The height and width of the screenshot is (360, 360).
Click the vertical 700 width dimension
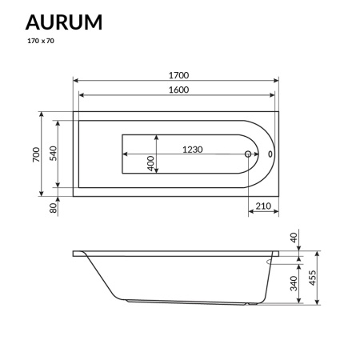click(x=35, y=154)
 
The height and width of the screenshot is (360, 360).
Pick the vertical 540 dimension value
click(x=53, y=154)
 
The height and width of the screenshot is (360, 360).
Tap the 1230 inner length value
click(x=193, y=149)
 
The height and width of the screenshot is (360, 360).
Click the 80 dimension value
click(x=53, y=209)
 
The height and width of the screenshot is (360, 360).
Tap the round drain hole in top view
click(x=248, y=154)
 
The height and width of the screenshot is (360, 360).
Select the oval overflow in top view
click(x=270, y=154)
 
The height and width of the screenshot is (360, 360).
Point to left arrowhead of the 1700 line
click(x=76, y=81)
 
